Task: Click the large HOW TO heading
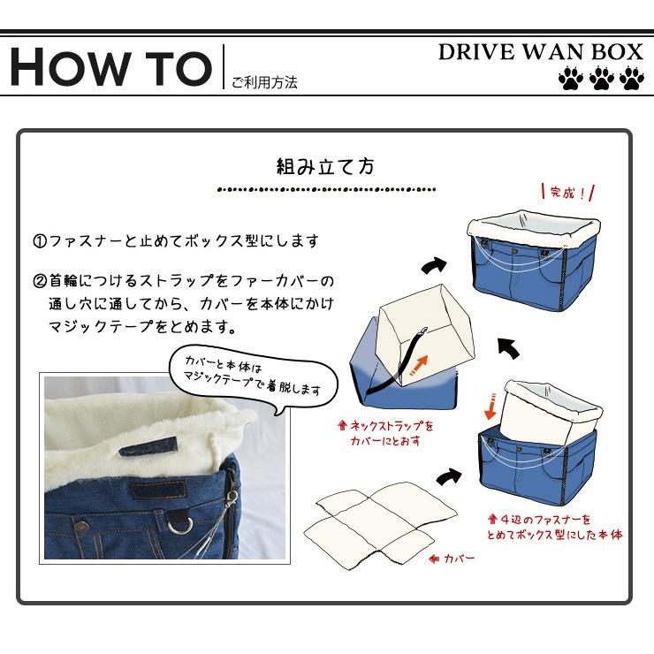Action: click(110, 66)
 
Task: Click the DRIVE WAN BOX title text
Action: click(540, 51)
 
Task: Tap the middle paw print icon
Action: click(601, 80)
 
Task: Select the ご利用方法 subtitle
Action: click(264, 82)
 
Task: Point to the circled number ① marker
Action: click(40, 241)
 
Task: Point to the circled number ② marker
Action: click(40, 282)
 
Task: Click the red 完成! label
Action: click(566, 192)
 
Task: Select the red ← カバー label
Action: click(452, 559)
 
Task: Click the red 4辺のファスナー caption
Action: click(555, 528)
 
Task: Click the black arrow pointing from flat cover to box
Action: click(449, 476)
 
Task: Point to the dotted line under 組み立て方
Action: click(326, 189)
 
